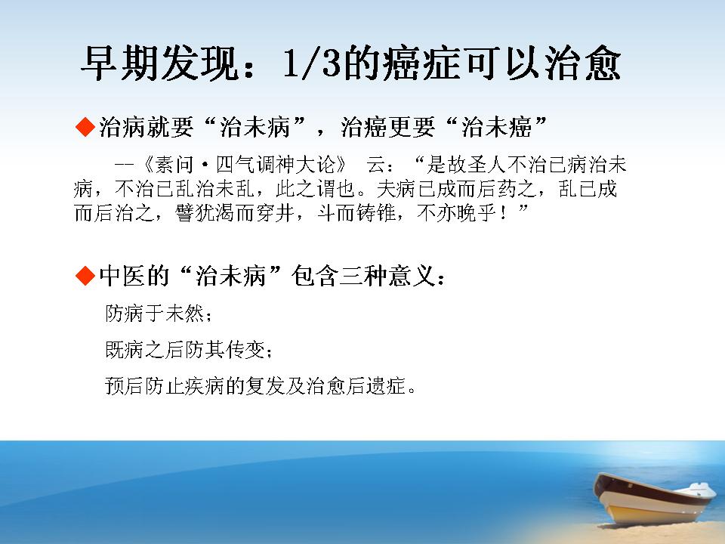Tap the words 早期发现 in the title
coord(160,63)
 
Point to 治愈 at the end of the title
coord(582,63)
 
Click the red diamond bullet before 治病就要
coord(85,127)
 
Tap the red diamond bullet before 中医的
coord(85,276)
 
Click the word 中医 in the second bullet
coord(122,277)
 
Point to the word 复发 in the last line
coord(265,386)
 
